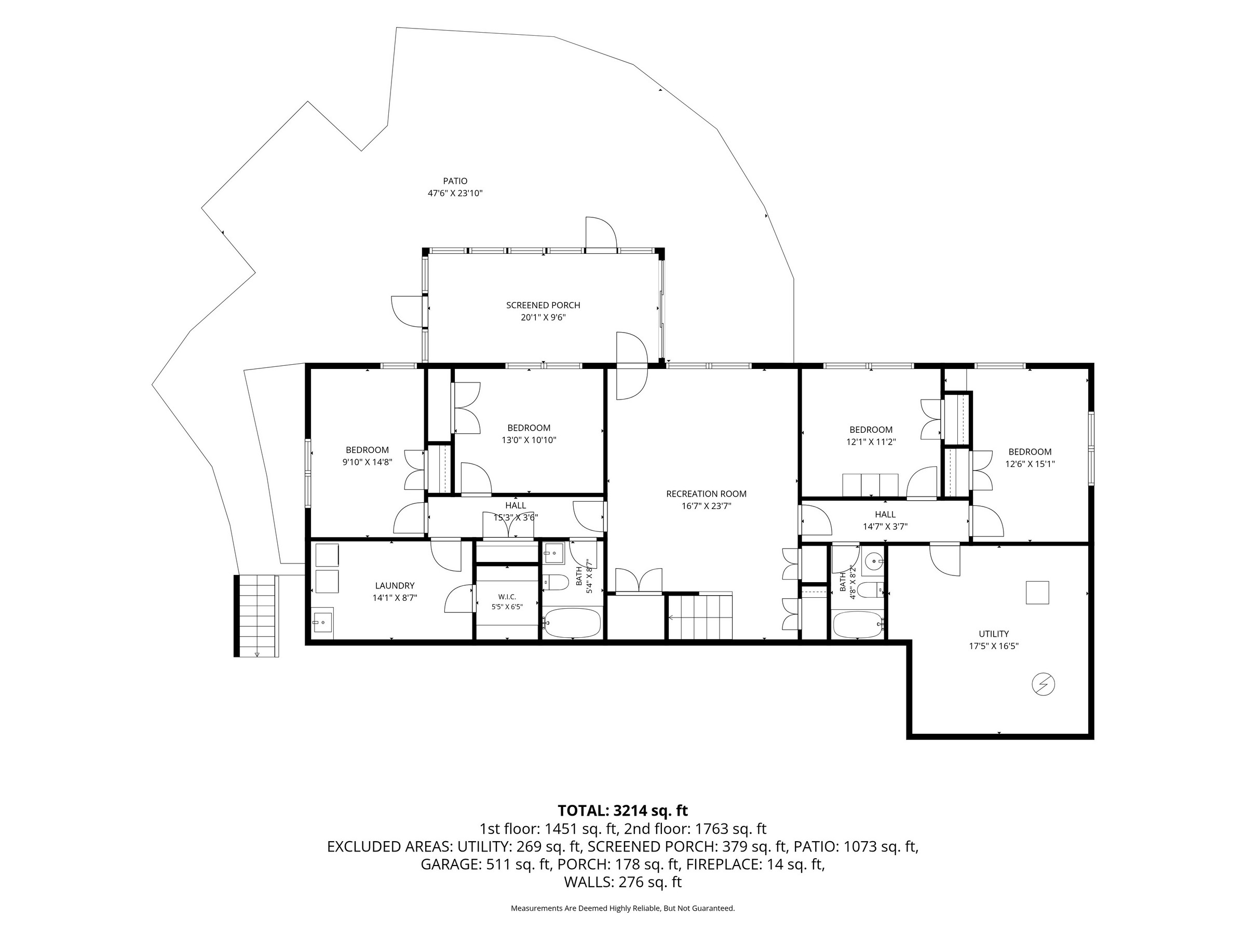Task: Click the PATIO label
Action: pos(455,181)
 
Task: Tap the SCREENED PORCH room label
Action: pos(543,305)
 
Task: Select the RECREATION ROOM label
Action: pos(707,494)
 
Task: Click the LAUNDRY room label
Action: pos(395,585)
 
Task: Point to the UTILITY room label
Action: pos(994,634)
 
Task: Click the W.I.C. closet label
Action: pos(507,597)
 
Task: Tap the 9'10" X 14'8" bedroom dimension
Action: pos(367,462)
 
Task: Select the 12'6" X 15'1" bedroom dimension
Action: pos(1030,464)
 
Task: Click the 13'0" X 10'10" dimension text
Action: pos(529,440)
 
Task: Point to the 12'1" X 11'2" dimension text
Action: pos(871,442)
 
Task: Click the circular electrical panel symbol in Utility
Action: pos(1043,684)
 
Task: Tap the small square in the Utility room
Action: pos(1037,592)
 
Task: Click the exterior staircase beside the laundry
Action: pos(257,616)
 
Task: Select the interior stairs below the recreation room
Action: pos(700,616)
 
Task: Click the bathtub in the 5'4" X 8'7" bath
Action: pos(572,623)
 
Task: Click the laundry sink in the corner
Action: pos(323,622)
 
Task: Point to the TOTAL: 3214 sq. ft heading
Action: pos(622,811)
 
